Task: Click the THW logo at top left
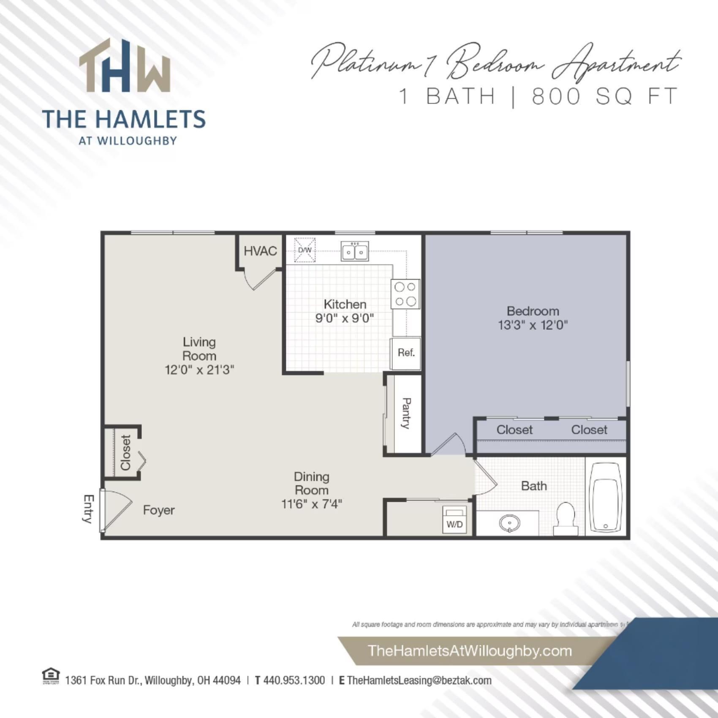125,66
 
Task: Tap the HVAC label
260,251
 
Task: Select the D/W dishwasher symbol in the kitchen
305,250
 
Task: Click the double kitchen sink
355,251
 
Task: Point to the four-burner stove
405,294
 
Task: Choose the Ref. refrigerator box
406,353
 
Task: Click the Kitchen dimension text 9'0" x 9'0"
345,318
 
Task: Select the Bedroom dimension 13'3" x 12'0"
533,325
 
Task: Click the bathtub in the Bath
606,497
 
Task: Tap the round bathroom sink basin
509,524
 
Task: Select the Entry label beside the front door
88,509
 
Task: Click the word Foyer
159,510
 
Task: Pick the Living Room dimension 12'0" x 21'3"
199,370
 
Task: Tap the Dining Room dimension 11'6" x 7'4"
312,504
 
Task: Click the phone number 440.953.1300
294,680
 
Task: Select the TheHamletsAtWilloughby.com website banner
470,650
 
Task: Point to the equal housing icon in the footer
51,676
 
